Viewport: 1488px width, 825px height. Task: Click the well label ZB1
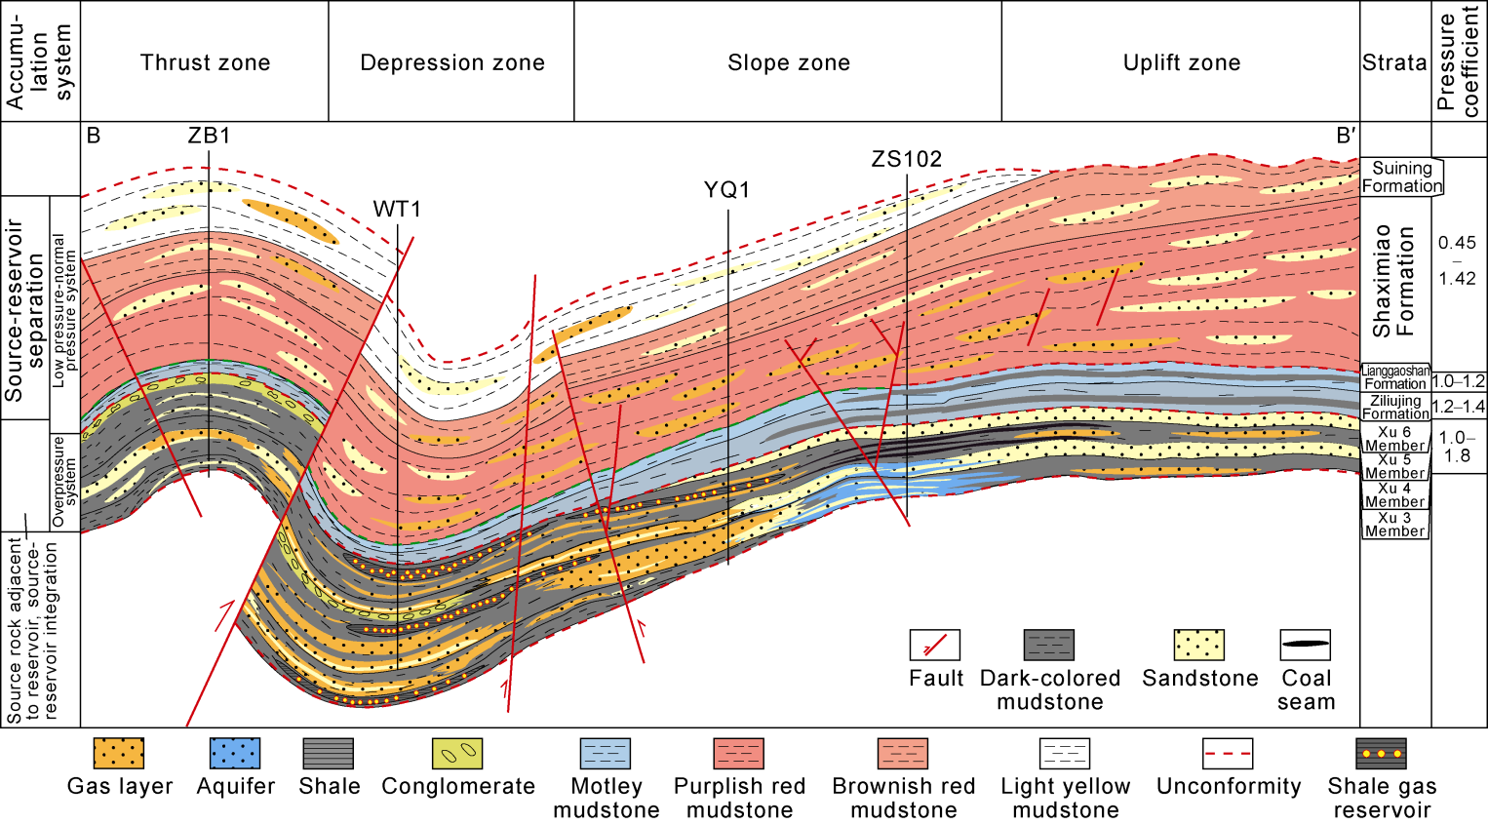coord(209,136)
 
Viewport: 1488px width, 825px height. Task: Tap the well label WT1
coord(397,210)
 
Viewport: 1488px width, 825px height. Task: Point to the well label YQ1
coord(727,190)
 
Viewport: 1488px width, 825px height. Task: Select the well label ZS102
coord(907,160)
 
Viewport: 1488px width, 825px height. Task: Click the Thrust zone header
coord(205,63)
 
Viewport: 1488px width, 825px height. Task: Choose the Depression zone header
coord(452,63)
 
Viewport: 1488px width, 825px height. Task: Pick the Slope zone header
coord(789,63)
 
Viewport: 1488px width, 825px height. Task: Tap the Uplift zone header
coord(1182,63)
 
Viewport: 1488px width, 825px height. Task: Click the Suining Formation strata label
coord(1402,177)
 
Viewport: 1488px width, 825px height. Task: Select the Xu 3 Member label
coord(1394,525)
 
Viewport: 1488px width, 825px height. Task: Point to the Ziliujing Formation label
coord(1395,408)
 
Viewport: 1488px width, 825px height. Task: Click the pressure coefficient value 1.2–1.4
coord(1459,407)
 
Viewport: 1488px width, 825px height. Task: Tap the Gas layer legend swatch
coord(119,754)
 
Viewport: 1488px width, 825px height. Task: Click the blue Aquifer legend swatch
coord(235,754)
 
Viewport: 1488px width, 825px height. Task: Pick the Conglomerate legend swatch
coord(457,754)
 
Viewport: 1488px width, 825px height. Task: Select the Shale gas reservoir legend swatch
coord(1381,754)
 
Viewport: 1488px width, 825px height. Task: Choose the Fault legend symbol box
coord(934,646)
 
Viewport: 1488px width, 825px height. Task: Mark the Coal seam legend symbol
coord(1305,646)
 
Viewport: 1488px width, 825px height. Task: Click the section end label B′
coord(1346,137)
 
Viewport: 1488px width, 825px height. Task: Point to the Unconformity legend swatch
coord(1228,754)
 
